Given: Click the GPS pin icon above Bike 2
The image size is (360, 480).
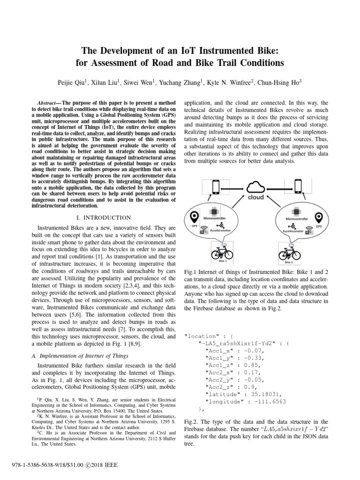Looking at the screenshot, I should tap(319, 218).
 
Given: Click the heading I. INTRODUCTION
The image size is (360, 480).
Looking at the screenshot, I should tap(103, 217).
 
